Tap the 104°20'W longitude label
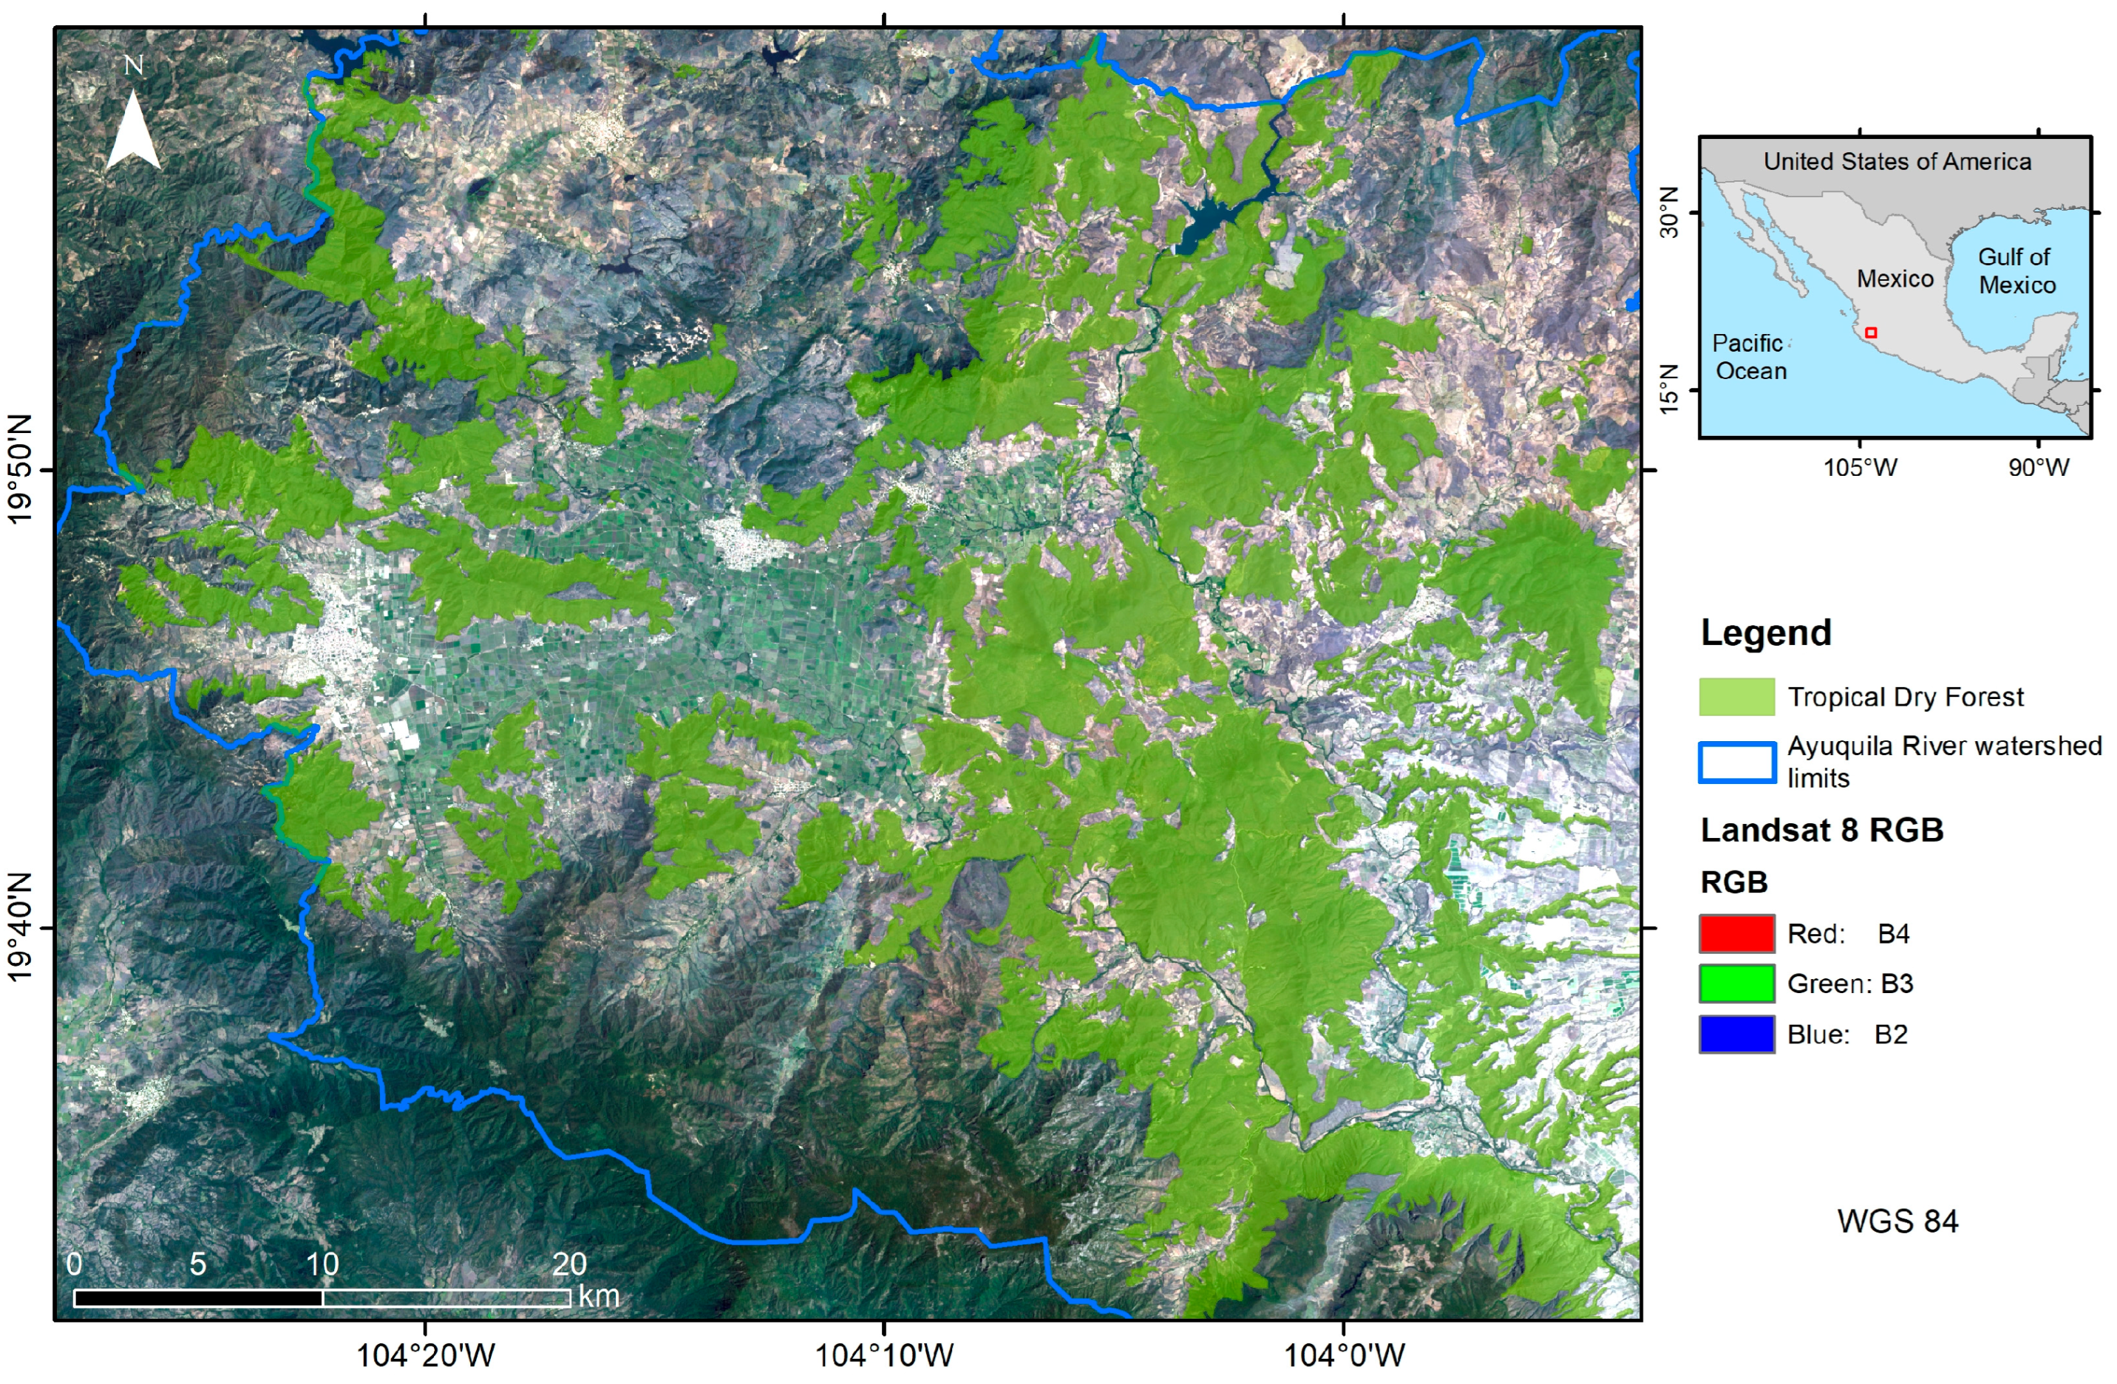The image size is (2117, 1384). pos(425,1355)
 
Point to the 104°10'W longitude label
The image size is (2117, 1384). pos(884,1355)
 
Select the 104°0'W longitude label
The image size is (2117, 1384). pos(1344,1355)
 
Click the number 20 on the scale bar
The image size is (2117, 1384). pos(569,1264)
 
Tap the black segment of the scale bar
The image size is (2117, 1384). pos(197,1298)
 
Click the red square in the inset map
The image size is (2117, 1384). pos(1871,333)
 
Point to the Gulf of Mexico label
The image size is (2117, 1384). pos(2016,270)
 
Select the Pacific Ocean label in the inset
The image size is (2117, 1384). pos(1749,357)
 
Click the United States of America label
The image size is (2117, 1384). pos(1897,161)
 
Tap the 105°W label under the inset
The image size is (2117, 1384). pos(1860,467)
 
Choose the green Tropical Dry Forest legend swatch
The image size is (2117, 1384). pos(1736,697)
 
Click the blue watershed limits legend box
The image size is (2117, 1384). pos(1736,763)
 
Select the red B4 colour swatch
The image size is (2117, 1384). pos(1736,933)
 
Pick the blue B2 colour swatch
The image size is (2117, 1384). pos(1736,1034)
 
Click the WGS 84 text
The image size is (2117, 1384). pos(1897,1221)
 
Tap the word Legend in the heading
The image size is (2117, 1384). pos(1766,633)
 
